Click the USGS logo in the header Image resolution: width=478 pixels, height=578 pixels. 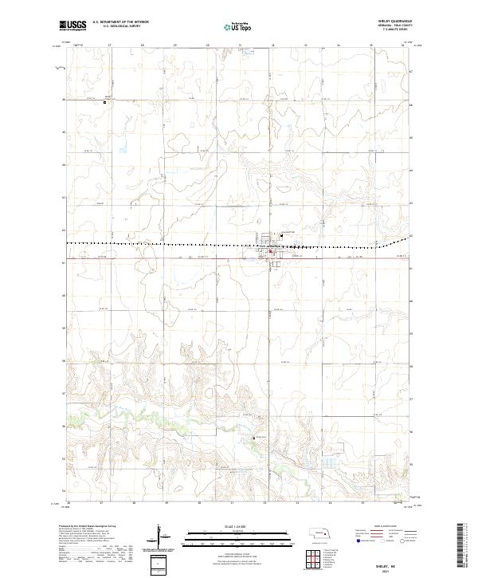pyautogui.click(x=72, y=26)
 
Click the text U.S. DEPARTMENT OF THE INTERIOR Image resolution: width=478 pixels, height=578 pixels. pyautogui.click(x=120, y=23)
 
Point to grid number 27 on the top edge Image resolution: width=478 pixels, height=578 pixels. pyautogui.click(x=109, y=46)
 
